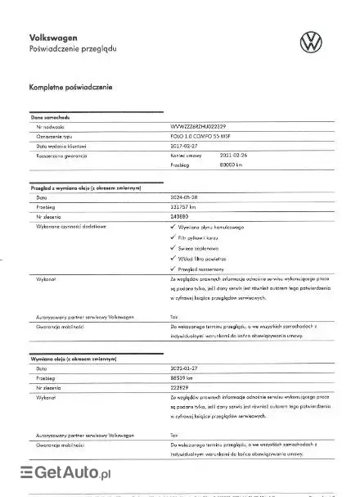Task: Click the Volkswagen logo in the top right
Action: (x=312, y=42)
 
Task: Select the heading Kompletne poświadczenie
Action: (x=70, y=87)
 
